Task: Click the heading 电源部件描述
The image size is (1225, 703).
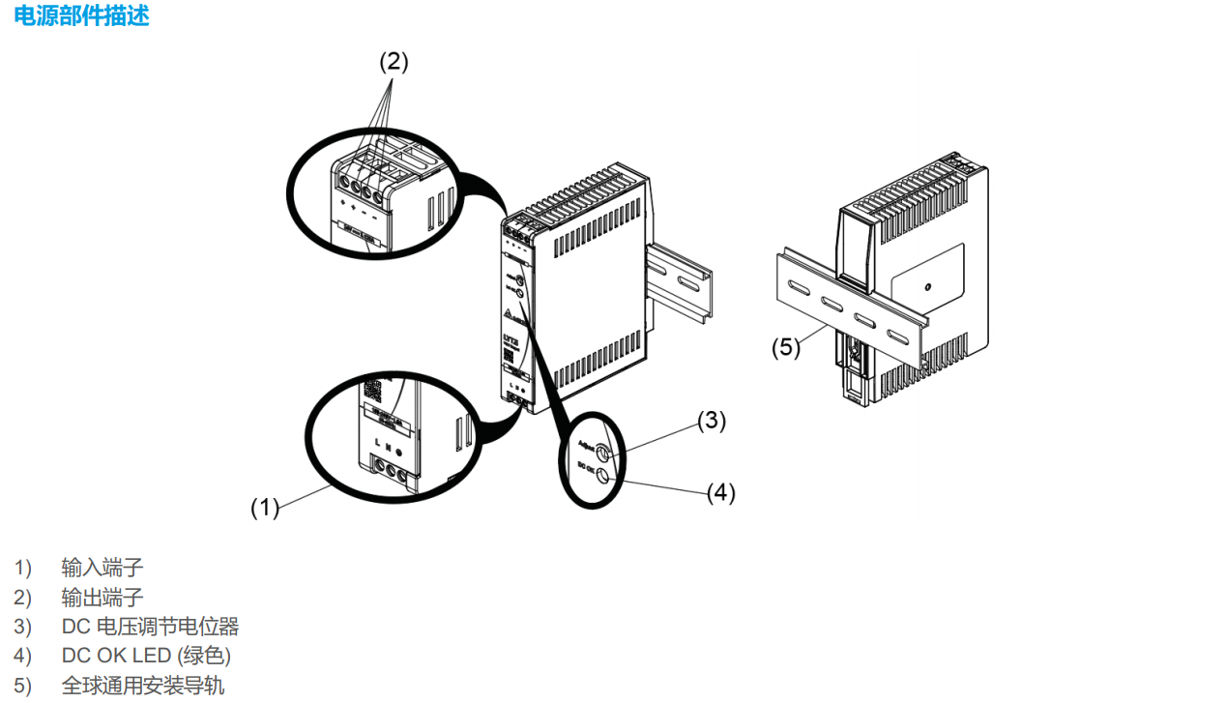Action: coord(82,15)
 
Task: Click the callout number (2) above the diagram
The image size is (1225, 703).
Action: coord(394,62)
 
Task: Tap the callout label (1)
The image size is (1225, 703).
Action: coord(265,506)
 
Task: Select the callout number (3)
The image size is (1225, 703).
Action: coord(712,420)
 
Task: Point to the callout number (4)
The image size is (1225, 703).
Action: coord(720,492)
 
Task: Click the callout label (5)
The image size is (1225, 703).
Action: coord(786,347)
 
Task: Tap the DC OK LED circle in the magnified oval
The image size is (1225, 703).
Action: coord(604,474)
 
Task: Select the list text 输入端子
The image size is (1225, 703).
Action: coord(102,567)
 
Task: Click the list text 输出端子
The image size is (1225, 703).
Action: coord(102,597)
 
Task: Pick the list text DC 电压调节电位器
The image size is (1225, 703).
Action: coord(150,627)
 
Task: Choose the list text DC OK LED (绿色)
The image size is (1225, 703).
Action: coord(146,656)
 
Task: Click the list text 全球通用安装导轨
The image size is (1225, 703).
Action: coord(143,686)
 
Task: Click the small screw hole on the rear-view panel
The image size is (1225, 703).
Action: coord(926,287)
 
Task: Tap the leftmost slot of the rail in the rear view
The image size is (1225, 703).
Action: coord(799,289)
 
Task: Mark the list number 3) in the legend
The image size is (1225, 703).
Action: coord(22,627)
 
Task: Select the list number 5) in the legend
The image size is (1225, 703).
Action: coord(22,686)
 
